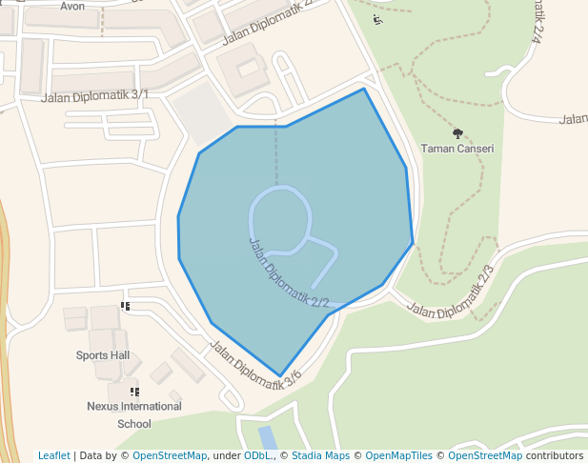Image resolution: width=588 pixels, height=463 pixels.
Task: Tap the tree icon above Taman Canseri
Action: [x=458, y=134]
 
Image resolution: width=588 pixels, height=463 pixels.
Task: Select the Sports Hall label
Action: [x=103, y=355]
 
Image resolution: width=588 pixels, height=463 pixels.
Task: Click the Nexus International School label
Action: [x=133, y=414]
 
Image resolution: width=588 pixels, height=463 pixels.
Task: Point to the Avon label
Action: [x=72, y=6]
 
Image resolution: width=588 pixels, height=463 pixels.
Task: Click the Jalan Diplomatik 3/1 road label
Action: [x=95, y=95]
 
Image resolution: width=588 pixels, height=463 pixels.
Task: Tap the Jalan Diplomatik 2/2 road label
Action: [x=288, y=272]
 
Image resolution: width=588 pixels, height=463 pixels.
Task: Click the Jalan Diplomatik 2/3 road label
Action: [x=454, y=293]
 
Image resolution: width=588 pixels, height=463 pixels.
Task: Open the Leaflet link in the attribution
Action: [x=54, y=455]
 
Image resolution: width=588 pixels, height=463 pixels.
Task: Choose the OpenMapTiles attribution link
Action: [x=398, y=455]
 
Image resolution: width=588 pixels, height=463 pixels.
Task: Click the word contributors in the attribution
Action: [x=554, y=455]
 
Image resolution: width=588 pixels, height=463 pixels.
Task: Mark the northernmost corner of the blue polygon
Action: [x=364, y=89]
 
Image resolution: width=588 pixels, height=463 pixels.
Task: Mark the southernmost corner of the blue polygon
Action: [x=280, y=376]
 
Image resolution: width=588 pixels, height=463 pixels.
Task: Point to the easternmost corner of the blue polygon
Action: [x=413, y=243]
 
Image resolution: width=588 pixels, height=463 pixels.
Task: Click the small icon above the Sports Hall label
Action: [x=125, y=306]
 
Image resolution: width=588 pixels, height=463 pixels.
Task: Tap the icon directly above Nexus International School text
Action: [x=134, y=392]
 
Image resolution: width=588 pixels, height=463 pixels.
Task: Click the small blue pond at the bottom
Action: [x=268, y=438]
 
